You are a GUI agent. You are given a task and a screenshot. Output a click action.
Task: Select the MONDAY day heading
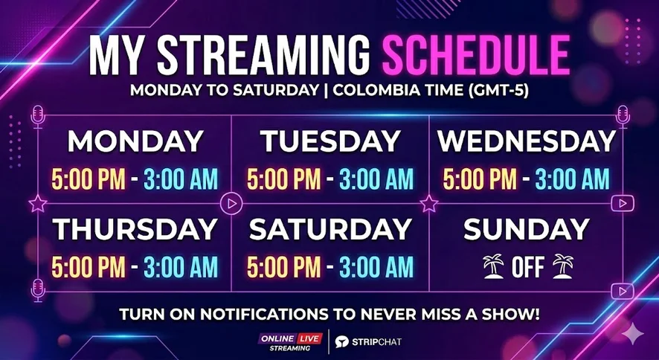point(136,141)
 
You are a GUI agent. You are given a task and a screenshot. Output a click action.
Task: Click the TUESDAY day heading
point(330,141)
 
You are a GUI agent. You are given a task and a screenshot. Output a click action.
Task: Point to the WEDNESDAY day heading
point(527,141)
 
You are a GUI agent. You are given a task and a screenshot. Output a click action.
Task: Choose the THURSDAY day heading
point(135,229)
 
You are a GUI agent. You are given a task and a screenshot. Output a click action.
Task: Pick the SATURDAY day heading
point(330,229)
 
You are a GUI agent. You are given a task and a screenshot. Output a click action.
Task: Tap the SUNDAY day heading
point(527,229)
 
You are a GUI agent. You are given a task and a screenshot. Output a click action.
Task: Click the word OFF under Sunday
point(528,267)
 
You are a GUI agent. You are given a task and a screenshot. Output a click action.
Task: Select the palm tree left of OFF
point(493,266)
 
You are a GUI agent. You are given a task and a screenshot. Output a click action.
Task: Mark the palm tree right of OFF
point(563,266)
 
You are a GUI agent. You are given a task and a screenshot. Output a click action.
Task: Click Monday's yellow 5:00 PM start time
point(89,179)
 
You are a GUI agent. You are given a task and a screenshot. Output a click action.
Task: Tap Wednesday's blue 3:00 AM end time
point(572,179)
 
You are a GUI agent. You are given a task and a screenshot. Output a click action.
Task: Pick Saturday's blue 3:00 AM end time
point(376,267)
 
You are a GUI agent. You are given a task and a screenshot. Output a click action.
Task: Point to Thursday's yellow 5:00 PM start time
point(89,267)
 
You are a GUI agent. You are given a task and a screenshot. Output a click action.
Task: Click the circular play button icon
point(231,204)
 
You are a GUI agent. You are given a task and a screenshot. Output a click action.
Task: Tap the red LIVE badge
point(309,338)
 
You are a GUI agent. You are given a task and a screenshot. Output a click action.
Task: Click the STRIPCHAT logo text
point(376,342)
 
